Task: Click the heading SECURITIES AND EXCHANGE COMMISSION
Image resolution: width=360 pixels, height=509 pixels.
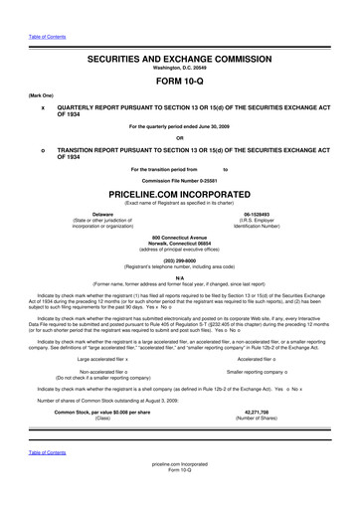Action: pyautogui.click(x=179, y=60)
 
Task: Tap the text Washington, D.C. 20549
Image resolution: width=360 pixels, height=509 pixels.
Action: pyautogui.click(x=179, y=70)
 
